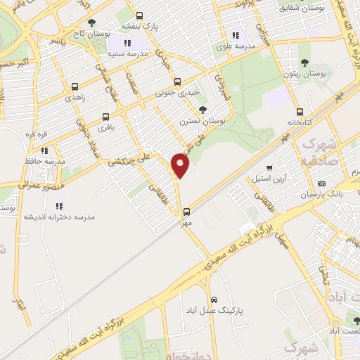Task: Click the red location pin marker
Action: (180, 165)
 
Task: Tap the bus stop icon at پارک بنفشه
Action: (139, 16)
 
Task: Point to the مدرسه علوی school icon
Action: (236, 34)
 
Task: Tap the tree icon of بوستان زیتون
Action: (304, 46)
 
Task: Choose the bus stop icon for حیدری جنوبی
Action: (177, 81)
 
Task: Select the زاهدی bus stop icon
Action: (75, 87)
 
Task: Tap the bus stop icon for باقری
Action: (105, 117)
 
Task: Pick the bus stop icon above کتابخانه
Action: (300, 112)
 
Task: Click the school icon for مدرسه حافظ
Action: (44, 150)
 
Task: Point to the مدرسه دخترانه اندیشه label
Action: (59, 217)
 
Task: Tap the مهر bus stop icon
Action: (186, 211)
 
